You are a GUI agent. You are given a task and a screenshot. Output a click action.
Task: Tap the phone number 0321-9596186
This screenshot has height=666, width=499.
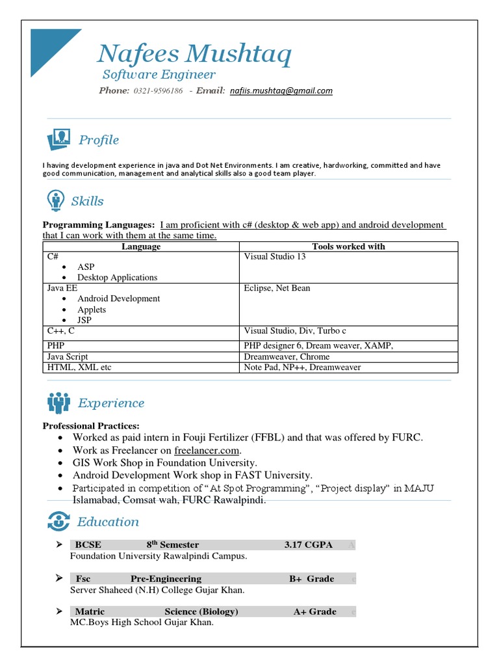coord(158,91)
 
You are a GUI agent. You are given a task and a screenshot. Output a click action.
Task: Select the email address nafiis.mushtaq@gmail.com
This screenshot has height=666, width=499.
coord(281,91)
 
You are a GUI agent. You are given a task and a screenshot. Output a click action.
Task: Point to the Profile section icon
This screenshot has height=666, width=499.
coord(58,139)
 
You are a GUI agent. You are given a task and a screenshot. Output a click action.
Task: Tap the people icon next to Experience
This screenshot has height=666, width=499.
coord(58,403)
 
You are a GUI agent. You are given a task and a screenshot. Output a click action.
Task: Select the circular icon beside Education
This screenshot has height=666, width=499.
coord(58,521)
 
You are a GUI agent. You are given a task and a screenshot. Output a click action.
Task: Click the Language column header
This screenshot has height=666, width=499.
coord(141,246)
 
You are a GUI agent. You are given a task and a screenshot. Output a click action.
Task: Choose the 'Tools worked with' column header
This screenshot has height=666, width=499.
coord(348,246)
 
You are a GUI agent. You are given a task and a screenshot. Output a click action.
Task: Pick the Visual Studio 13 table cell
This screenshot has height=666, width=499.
coord(275,257)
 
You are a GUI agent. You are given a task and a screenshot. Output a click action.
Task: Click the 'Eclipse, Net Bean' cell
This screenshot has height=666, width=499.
coord(277,288)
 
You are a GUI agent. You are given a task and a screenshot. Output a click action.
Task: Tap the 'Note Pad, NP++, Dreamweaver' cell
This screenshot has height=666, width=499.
coord(302,367)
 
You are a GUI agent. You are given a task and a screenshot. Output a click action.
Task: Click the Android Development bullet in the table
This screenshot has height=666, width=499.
coord(118,299)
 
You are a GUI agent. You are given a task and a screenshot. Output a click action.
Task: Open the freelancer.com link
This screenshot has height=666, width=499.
coord(207,450)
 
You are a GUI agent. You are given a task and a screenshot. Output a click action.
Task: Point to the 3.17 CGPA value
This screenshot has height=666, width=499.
coord(308,545)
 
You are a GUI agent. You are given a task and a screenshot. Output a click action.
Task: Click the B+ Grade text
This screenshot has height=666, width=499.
coord(312,579)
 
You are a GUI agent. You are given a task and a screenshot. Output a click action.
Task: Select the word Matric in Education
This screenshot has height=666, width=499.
coord(90,612)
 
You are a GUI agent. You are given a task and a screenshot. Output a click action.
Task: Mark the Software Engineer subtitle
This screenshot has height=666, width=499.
coord(159,75)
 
